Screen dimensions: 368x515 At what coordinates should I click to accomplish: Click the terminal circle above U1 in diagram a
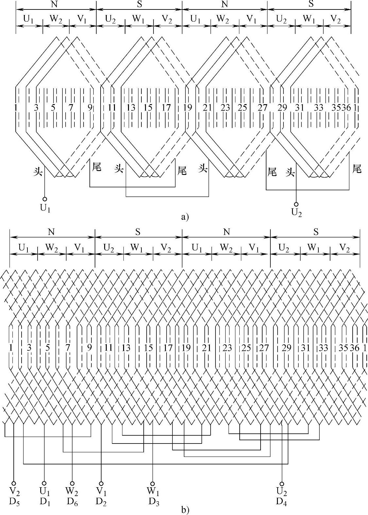click(x=45, y=199)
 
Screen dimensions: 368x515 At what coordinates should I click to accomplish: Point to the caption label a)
click(x=185, y=217)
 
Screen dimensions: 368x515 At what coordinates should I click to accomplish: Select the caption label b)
click(x=185, y=509)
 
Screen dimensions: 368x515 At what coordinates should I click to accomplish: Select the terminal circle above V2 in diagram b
click(x=14, y=483)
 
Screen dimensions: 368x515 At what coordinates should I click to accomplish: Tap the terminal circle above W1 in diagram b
click(x=152, y=483)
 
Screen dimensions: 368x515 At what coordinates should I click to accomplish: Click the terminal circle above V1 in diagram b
click(x=101, y=483)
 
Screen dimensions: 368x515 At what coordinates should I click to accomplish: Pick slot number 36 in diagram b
click(x=354, y=348)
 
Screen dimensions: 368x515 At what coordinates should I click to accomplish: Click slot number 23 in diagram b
click(x=227, y=348)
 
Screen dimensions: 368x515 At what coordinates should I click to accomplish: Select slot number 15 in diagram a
click(x=148, y=108)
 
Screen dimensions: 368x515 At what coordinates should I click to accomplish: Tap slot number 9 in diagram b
click(x=89, y=348)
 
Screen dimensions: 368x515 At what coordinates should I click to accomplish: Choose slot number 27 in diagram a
click(x=263, y=108)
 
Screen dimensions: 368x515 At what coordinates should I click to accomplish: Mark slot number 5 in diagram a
click(x=54, y=108)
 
